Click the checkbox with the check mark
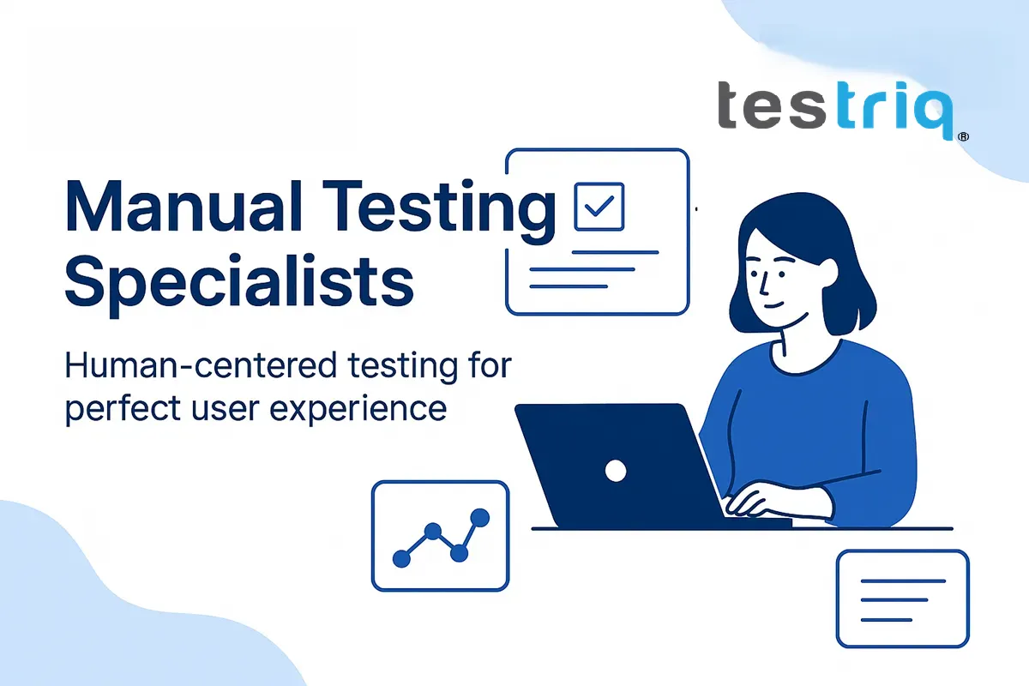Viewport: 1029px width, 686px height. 599,205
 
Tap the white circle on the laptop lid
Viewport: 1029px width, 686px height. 615,470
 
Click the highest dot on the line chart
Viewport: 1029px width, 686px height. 479,517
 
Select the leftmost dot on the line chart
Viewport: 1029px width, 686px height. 400,558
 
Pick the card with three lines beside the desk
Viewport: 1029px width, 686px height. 902,599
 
